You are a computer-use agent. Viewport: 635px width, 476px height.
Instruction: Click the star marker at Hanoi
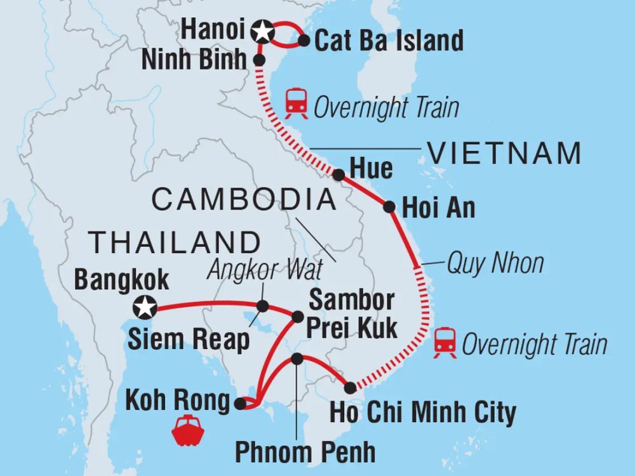[x=260, y=30]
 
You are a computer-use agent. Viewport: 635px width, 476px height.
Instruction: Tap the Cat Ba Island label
[x=389, y=41]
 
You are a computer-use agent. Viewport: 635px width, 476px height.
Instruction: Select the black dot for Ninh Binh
[x=259, y=60]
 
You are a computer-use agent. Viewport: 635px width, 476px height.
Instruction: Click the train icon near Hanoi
[x=296, y=104]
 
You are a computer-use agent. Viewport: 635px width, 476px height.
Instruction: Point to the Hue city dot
[x=339, y=175]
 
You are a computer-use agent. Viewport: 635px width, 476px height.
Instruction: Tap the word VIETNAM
[x=505, y=153]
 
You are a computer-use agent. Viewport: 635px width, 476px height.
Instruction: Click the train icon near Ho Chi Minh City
[x=445, y=343]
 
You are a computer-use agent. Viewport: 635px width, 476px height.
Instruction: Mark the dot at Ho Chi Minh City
[x=350, y=387]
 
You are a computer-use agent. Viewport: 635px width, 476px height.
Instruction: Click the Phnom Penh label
[x=305, y=452]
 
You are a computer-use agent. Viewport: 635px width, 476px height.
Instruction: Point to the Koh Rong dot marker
[x=239, y=402]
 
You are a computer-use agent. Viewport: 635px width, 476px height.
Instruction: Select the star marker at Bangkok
[x=145, y=308]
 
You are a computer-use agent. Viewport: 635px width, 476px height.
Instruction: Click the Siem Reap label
[x=189, y=340]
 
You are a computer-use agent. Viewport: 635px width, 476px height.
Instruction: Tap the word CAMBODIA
[x=243, y=199]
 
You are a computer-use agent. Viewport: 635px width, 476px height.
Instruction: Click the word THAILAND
[x=175, y=242]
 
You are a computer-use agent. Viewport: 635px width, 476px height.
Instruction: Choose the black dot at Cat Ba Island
[x=304, y=41]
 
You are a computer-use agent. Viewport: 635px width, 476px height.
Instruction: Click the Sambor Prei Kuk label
[x=353, y=314]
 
